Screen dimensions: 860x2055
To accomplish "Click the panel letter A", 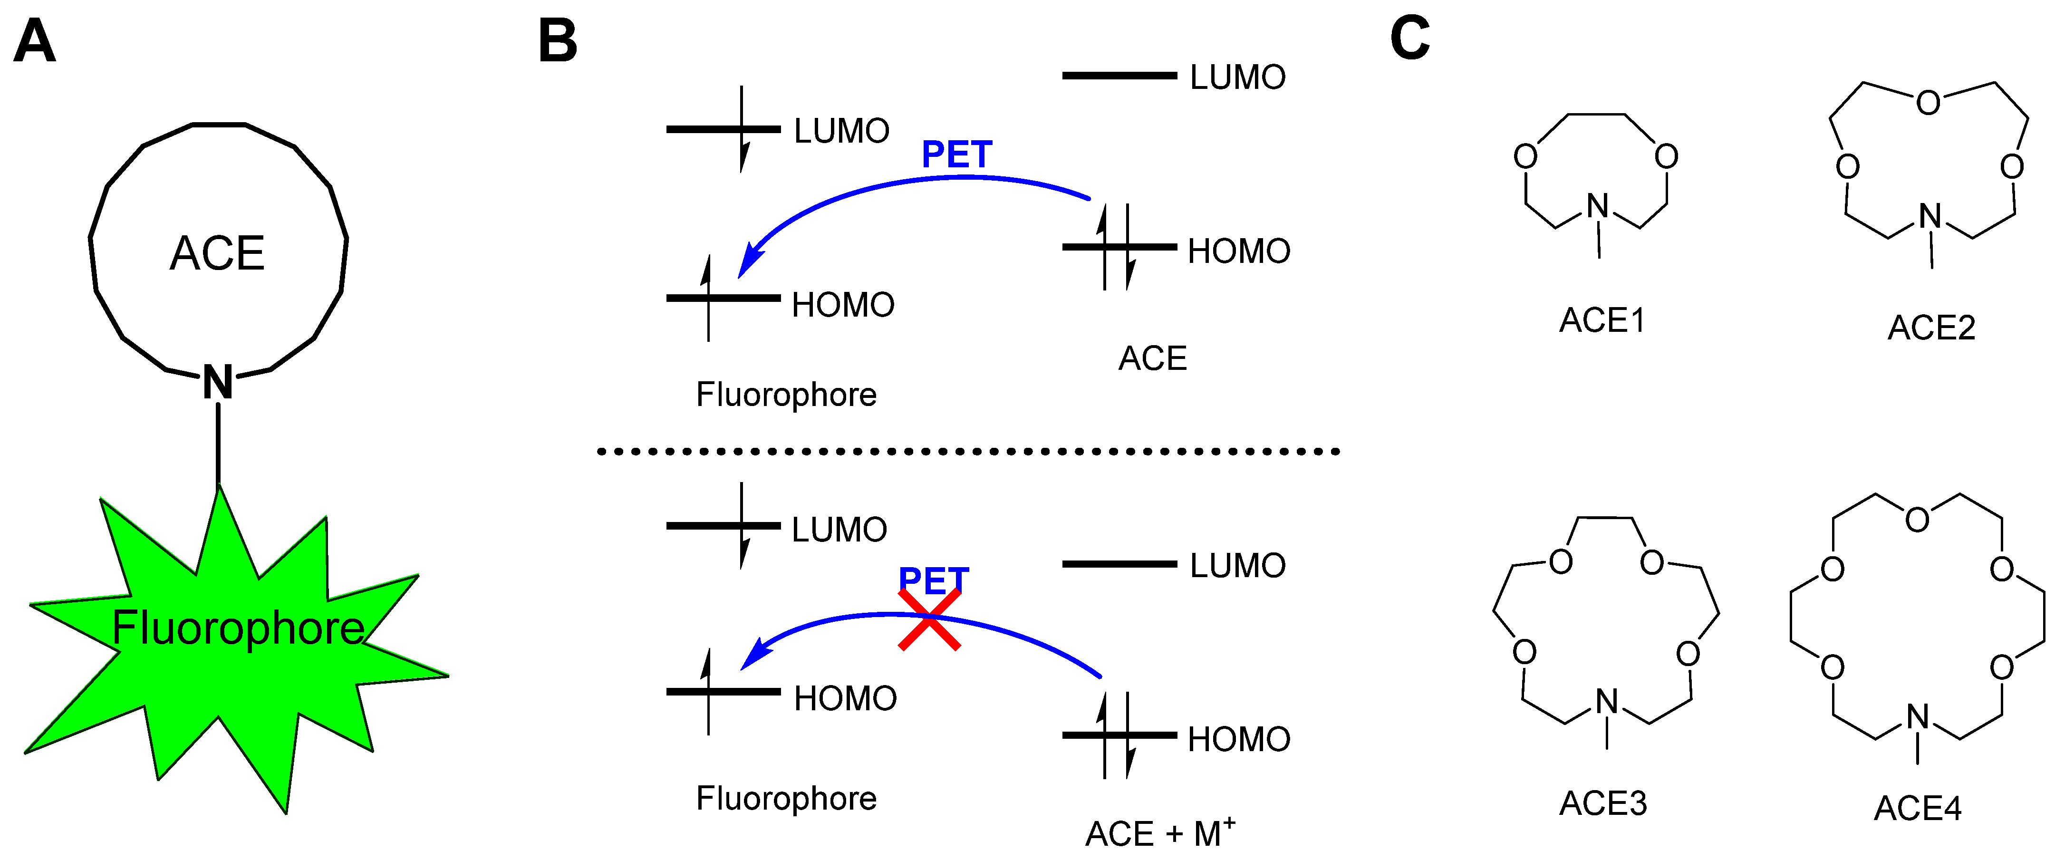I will point(35,41).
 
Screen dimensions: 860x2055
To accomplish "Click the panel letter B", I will point(558,41).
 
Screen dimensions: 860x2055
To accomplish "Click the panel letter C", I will point(1409,39).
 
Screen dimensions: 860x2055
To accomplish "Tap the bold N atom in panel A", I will point(218,382).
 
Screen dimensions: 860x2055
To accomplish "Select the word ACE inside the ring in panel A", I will point(217,254).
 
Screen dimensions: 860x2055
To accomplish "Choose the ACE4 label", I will point(1918,808).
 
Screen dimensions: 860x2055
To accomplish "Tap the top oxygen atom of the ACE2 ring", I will point(1928,102).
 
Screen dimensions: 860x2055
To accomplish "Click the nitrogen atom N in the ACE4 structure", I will point(1918,716).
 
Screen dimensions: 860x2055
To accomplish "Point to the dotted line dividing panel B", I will point(968,452).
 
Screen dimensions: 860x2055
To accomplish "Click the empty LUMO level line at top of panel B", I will point(1119,76).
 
